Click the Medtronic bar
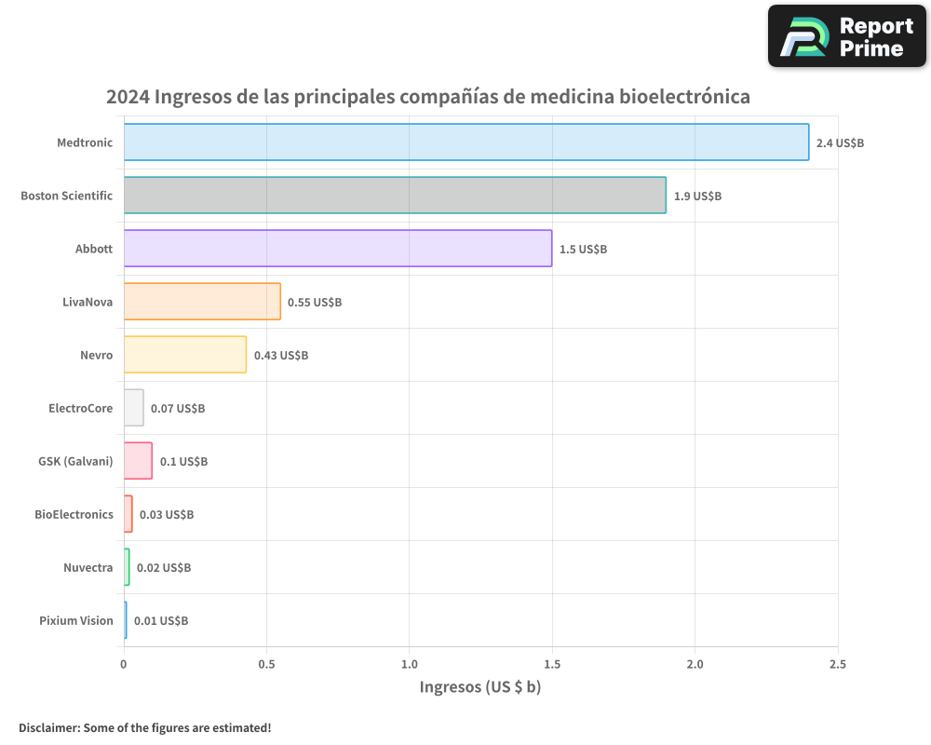point(465,142)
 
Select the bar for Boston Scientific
point(395,196)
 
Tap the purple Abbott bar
point(337,249)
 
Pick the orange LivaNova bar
point(202,302)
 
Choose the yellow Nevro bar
point(184,355)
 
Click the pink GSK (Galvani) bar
point(138,461)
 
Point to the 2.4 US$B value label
point(840,143)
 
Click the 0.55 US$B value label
point(315,303)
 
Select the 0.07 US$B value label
point(178,409)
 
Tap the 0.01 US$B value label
point(161,621)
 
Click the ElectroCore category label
point(80,408)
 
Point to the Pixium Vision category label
point(75,621)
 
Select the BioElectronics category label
point(74,514)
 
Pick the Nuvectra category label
point(88,568)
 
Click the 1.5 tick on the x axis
point(552,664)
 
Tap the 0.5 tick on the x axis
point(266,664)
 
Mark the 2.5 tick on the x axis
point(838,664)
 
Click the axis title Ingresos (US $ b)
point(480,687)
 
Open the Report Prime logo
point(847,36)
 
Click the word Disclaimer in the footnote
point(47,727)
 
